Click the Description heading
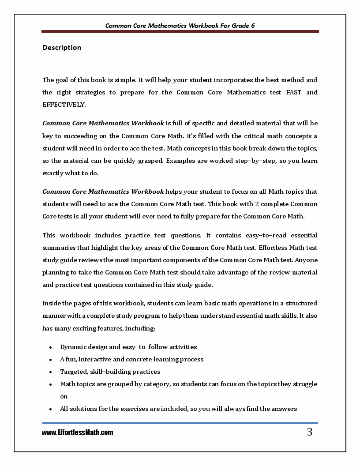62,48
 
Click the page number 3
309,432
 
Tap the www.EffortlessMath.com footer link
78,433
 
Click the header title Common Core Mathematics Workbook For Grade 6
180,26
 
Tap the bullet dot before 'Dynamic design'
51,347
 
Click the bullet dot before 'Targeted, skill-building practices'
51,372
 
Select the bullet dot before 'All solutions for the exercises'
51,409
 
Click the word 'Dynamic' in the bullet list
74,347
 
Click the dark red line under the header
180,32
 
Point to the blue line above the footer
180,424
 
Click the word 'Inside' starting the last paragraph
52,304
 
